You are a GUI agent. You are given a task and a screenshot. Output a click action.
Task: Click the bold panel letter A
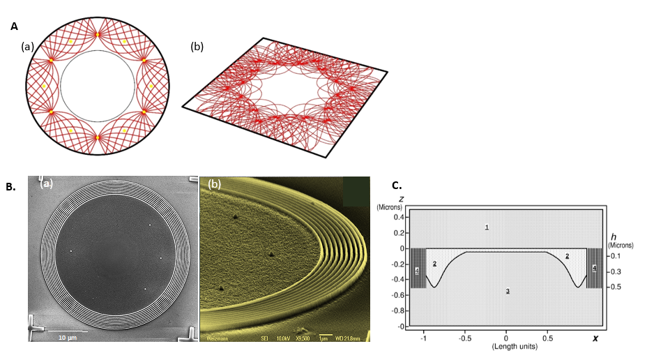[14, 27]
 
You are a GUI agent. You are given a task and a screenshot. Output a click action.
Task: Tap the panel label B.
[10, 187]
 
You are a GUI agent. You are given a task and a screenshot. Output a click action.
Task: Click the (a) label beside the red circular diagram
[27, 47]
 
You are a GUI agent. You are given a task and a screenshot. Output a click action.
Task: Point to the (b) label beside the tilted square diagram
[197, 47]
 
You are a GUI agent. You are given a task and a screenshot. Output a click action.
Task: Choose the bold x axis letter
[595, 338]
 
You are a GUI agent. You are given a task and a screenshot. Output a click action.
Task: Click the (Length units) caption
[506, 346]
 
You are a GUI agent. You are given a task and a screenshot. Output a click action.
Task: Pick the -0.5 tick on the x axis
[464, 336]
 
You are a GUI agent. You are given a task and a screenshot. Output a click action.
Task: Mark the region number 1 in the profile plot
[487, 227]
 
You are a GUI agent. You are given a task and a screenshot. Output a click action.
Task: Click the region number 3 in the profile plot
[508, 290]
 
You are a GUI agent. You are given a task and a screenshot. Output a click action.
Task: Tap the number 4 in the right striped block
[594, 268]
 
